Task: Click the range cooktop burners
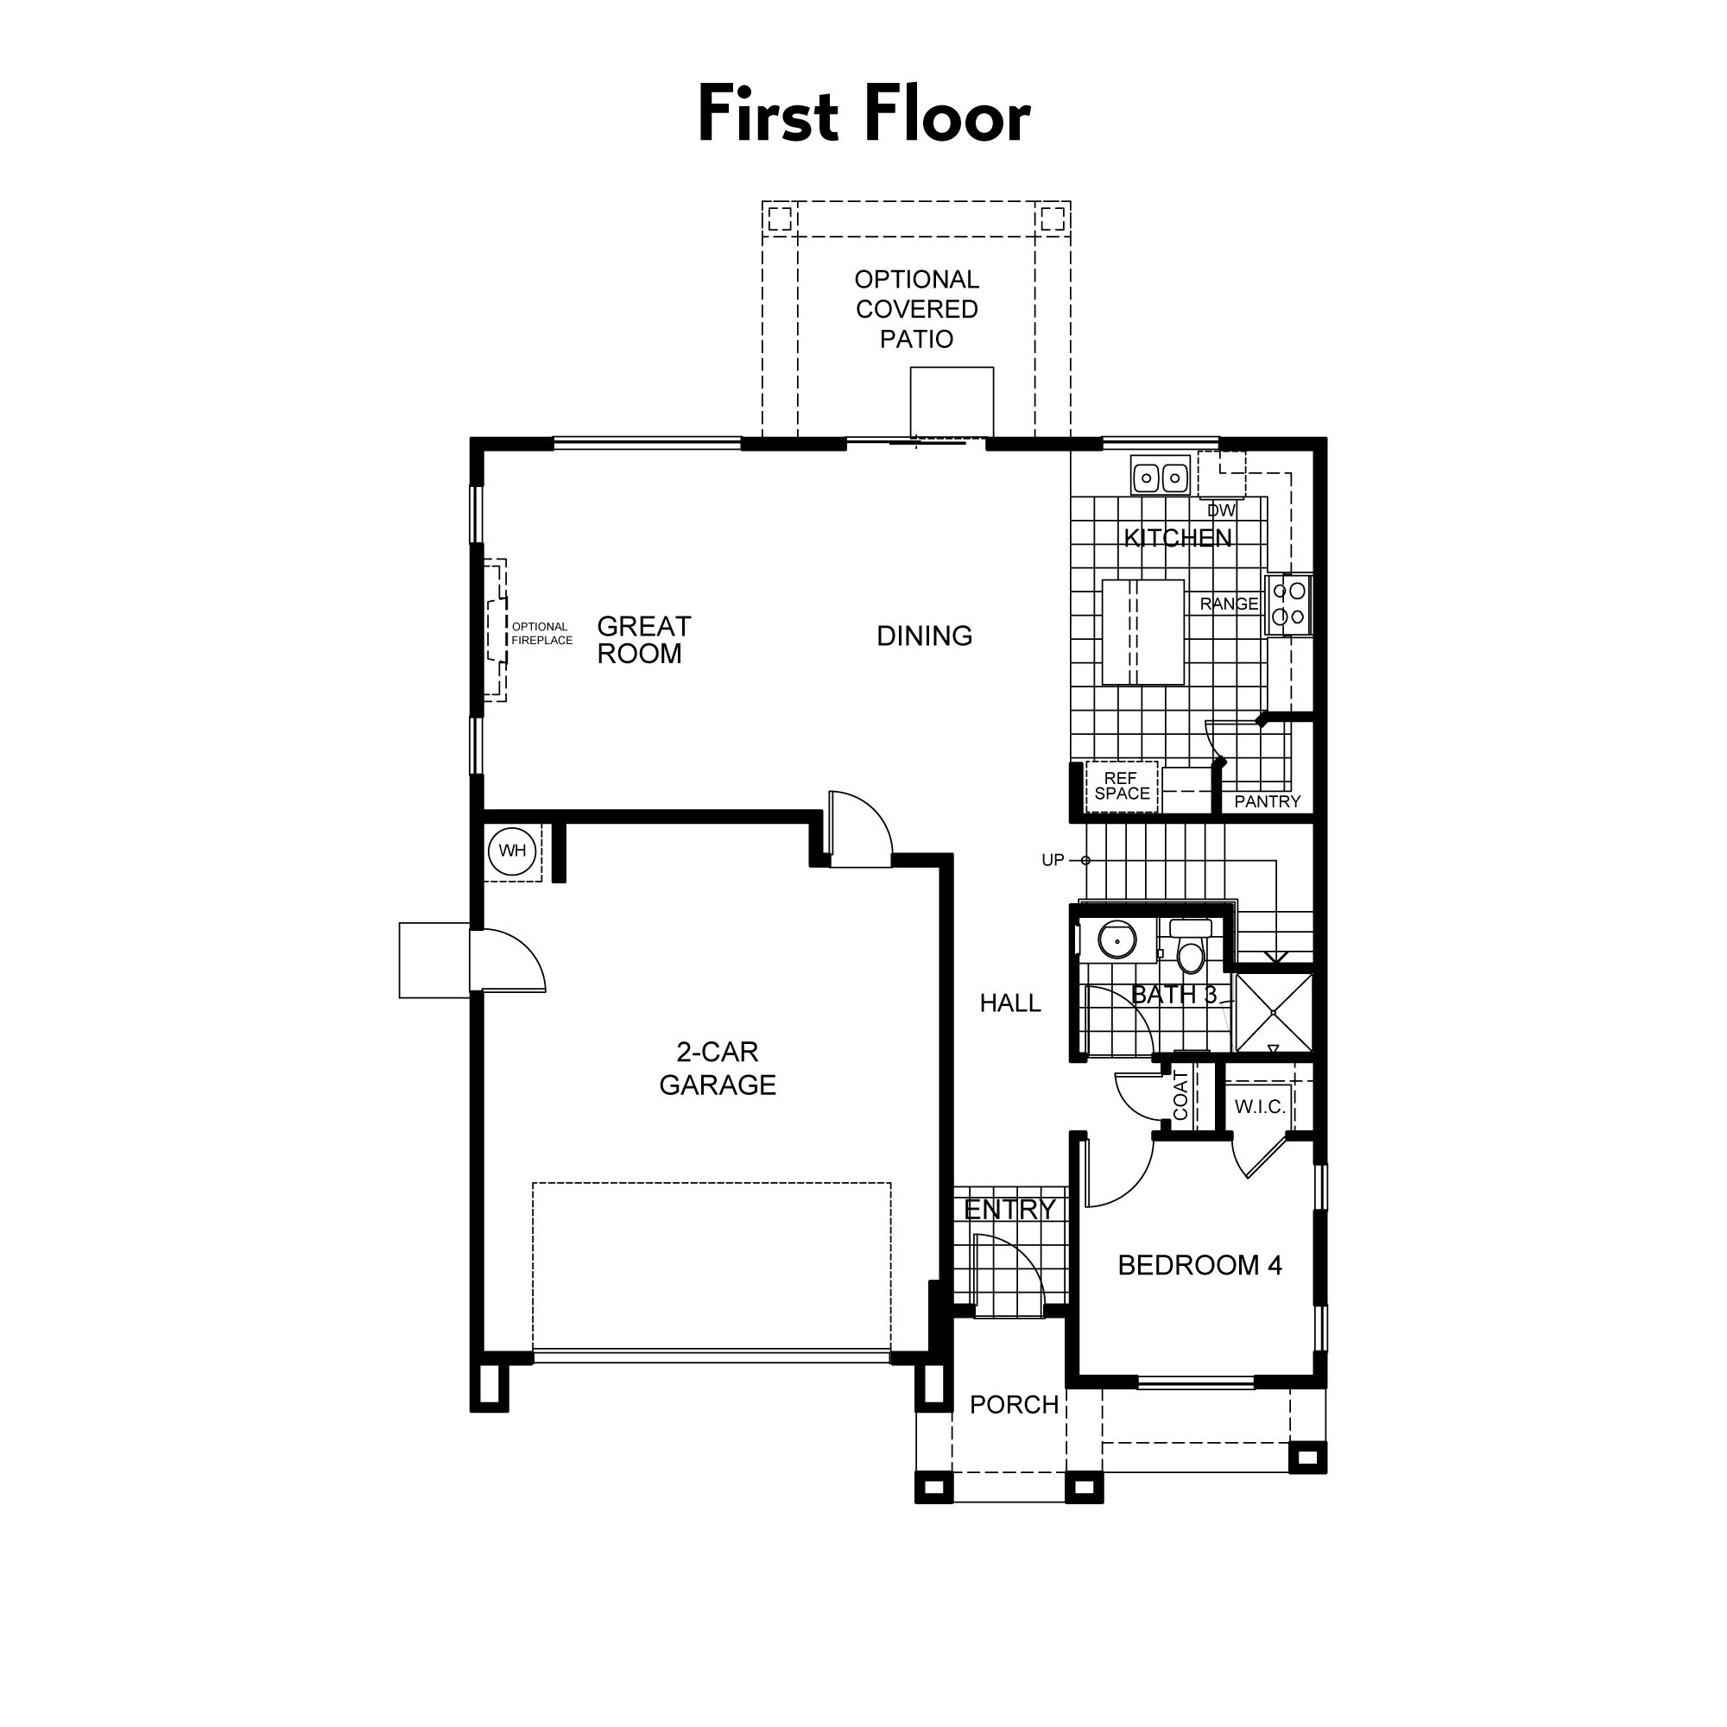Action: pyautogui.click(x=1289, y=604)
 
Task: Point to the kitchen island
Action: pyautogui.click(x=1142, y=632)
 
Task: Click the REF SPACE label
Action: pyautogui.click(x=1121, y=786)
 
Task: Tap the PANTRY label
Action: pyautogui.click(x=1267, y=802)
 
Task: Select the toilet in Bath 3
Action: pyautogui.click(x=1190, y=953)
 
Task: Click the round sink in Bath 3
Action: pyautogui.click(x=1117, y=940)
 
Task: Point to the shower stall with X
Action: pyautogui.click(x=1273, y=1013)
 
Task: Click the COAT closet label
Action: pyautogui.click(x=1180, y=1096)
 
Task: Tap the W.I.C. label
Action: pyautogui.click(x=1260, y=1107)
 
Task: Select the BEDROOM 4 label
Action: pyautogui.click(x=1199, y=1265)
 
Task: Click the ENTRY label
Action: pyautogui.click(x=1010, y=1210)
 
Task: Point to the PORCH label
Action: pyautogui.click(x=1014, y=1404)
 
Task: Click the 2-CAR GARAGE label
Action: pyautogui.click(x=717, y=1068)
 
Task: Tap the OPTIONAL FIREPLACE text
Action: pyautogui.click(x=541, y=634)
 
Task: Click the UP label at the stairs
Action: pyautogui.click(x=1052, y=860)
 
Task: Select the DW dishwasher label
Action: pyautogui.click(x=1221, y=510)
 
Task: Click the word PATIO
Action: pyautogui.click(x=916, y=339)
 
